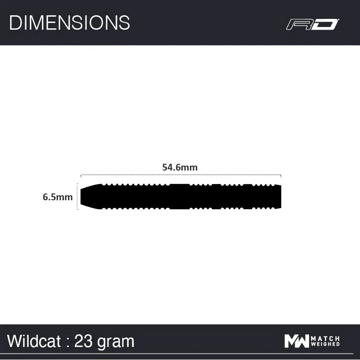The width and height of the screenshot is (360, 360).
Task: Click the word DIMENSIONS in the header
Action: pos(69,22)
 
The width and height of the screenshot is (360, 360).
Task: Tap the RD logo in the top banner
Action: pos(312,24)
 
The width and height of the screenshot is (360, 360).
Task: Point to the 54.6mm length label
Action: pos(180,167)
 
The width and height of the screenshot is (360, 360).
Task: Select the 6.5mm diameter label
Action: pos(58,197)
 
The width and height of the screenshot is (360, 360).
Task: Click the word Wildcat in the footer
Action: pos(34,341)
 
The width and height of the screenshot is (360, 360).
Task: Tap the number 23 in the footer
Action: pos(83,341)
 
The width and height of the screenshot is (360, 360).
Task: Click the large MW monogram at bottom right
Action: pos(297,341)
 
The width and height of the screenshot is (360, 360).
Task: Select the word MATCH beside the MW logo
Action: pos(325,338)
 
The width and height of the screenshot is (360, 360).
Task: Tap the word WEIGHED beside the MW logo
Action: pos(325,345)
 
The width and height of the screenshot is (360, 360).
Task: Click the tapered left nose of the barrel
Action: pos(88,196)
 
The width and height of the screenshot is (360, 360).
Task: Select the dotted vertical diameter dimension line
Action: pos(78,197)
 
